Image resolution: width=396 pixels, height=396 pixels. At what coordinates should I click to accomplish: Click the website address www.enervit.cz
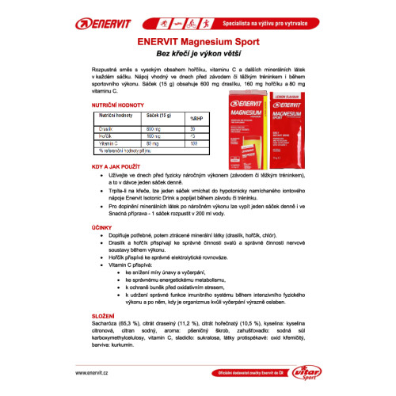(x=103, y=372)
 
